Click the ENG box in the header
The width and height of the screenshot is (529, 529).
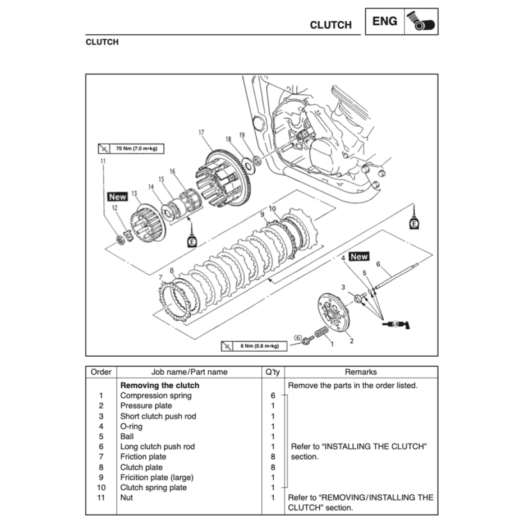coord(385,22)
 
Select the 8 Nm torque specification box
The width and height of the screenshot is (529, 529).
coord(254,346)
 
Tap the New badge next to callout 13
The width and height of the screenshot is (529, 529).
coord(118,197)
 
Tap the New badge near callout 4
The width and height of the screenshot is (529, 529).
coord(359,256)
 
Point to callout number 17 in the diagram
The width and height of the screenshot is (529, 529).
coord(201,133)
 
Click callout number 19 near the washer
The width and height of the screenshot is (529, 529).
coord(242,135)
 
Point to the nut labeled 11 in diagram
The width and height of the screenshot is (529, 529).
coord(119,240)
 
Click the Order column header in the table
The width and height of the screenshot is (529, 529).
coord(102,372)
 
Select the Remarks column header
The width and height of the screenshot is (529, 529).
coord(361,372)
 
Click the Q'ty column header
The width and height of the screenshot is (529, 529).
coord(273,372)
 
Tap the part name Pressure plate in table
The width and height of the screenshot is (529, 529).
coord(146,406)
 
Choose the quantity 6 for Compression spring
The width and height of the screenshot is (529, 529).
coord(273,395)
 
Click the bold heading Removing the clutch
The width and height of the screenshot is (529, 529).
coord(160,385)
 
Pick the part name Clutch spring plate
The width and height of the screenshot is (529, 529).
coord(153,487)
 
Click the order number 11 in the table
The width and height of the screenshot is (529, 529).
coord(101,498)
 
